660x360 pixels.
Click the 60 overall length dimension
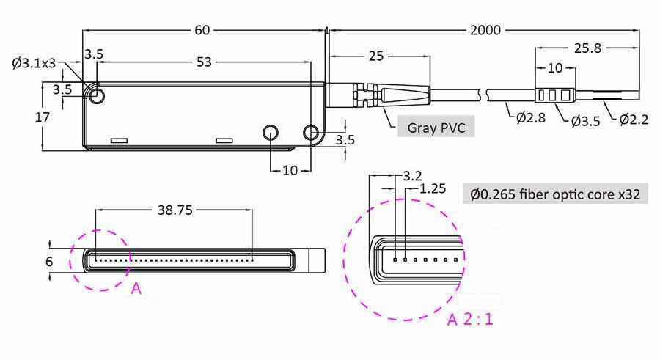[202, 30]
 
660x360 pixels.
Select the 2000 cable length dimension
[485, 30]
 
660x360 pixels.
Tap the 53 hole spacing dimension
[204, 62]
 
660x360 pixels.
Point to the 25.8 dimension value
[587, 48]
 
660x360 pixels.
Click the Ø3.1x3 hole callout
[34, 63]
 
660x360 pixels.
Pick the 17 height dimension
[42, 117]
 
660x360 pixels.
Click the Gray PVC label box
[436, 127]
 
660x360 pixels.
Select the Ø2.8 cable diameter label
[531, 117]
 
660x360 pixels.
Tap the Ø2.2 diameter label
[634, 120]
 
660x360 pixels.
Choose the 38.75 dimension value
[175, 210]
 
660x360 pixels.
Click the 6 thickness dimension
[49, 262]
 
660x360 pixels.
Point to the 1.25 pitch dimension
[433, 188]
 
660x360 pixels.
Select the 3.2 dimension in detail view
[412, 175]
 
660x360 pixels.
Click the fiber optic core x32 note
[555, 194]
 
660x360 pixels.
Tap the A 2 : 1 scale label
[470, 320]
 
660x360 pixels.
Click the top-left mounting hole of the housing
[97, 96]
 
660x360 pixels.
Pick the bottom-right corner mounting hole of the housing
[311, 133]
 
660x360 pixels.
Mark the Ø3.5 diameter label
[585, 121]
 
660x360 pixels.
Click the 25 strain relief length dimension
[376, 56]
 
